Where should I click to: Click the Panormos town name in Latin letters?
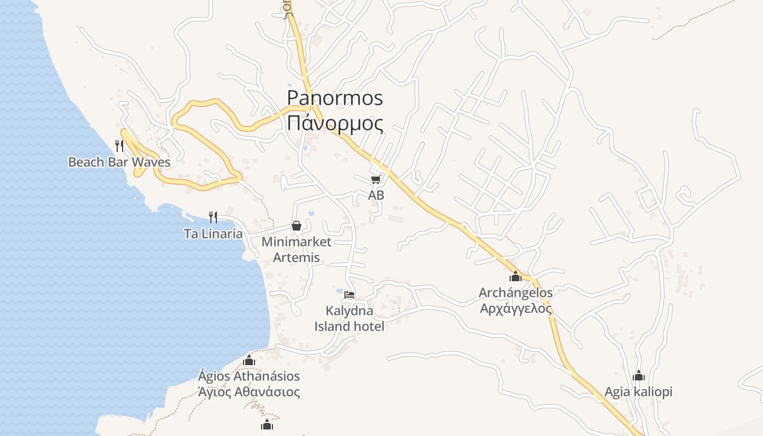coord(335,98)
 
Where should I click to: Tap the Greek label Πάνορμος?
coord(335,123)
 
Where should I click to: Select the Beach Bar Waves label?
coord(119,162)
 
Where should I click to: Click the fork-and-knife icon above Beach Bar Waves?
coord(119,146)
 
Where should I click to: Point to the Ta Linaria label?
coord(213,234)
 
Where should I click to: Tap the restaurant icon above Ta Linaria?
coord(213,217)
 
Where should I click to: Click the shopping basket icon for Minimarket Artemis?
coord(296,226)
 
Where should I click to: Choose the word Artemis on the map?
coord(296,257)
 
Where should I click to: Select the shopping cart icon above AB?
coord(376,179)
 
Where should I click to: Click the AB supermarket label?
coord(376,195)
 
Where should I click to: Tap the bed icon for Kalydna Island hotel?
coord(349,295)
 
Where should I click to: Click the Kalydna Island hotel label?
coord(349,319)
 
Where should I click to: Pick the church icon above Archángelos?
coord(516,276)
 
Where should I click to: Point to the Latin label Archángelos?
coord(516,293)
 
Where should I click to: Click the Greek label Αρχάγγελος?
coord(516,308)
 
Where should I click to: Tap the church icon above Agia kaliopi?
coord(639,376)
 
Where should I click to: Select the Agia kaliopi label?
coord(638,392)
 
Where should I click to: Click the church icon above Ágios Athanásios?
coord(249,360)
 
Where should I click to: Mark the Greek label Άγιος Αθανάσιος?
coord(249,392)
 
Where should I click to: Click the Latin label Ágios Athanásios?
coord(249,376)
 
